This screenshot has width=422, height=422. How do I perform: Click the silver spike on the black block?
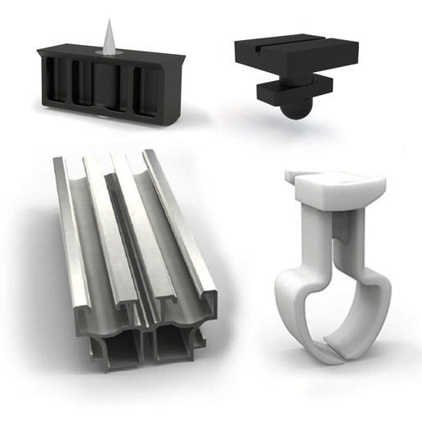point(108,40)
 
